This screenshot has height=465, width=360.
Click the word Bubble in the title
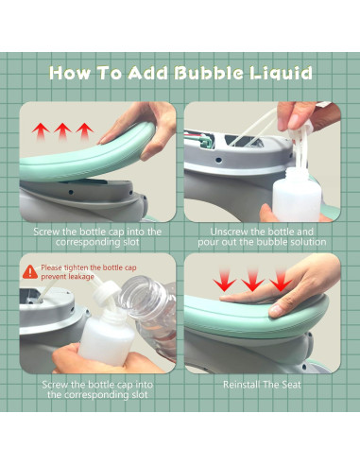[x=209, y=73]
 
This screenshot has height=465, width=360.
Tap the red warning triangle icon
[x=30, y=272]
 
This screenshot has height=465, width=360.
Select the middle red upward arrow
[x=62, y=131]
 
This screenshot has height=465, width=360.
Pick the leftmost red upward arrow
[x=41, y=131]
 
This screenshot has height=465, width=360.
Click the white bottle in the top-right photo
[x=297, y=194]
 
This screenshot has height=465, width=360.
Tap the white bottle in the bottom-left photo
[x=106, y=336]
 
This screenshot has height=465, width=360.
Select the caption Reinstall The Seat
[x=262, y=385]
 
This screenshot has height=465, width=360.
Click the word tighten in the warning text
[x=77, y=267]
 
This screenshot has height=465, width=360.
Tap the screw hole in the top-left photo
[x=71, y=192]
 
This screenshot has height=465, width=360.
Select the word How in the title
[x=70, y=73]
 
